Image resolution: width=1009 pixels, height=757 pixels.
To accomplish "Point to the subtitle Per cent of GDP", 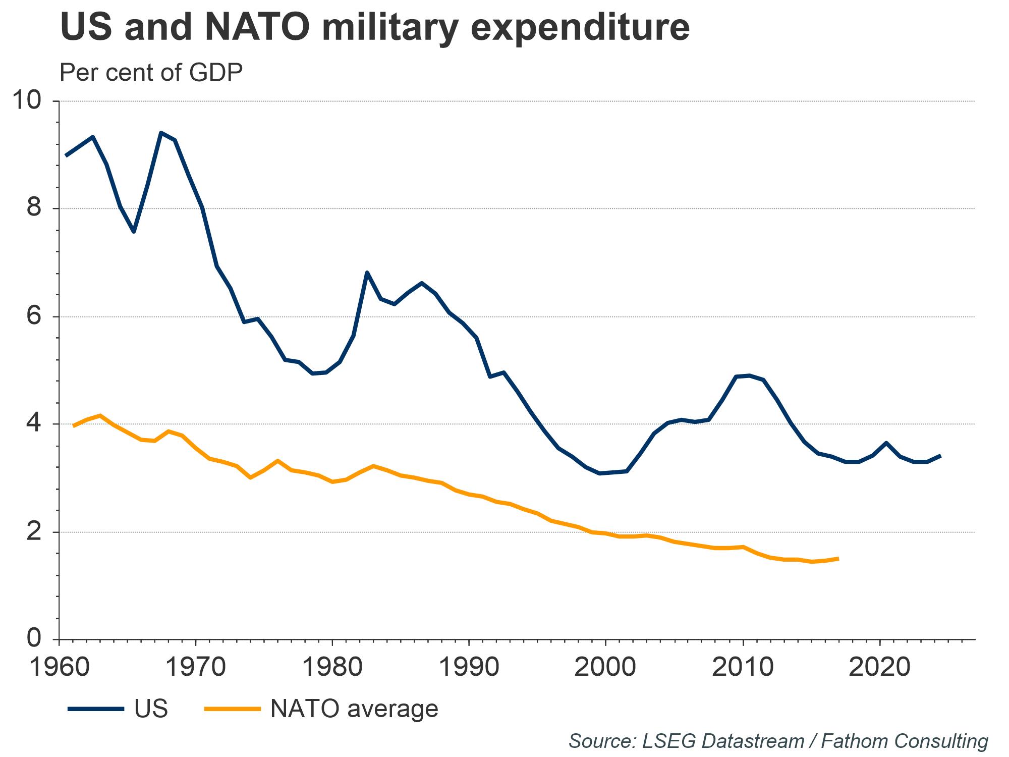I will pos(151,73).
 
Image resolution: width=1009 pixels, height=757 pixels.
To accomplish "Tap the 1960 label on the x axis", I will pos(60,668).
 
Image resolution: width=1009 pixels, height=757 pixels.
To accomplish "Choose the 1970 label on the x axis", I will pos(196,668).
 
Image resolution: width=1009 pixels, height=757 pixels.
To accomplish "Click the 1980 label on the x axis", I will pos(332,668).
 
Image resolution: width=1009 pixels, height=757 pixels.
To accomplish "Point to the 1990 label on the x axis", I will pos(469,668).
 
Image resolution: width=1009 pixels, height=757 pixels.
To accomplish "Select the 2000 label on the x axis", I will pos(605,668).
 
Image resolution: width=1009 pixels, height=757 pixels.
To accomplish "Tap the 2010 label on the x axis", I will pos(743,668).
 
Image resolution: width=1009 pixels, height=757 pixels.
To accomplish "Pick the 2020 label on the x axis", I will pos(879,668).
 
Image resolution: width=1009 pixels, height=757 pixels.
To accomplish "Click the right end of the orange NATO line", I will pos(837,559).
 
